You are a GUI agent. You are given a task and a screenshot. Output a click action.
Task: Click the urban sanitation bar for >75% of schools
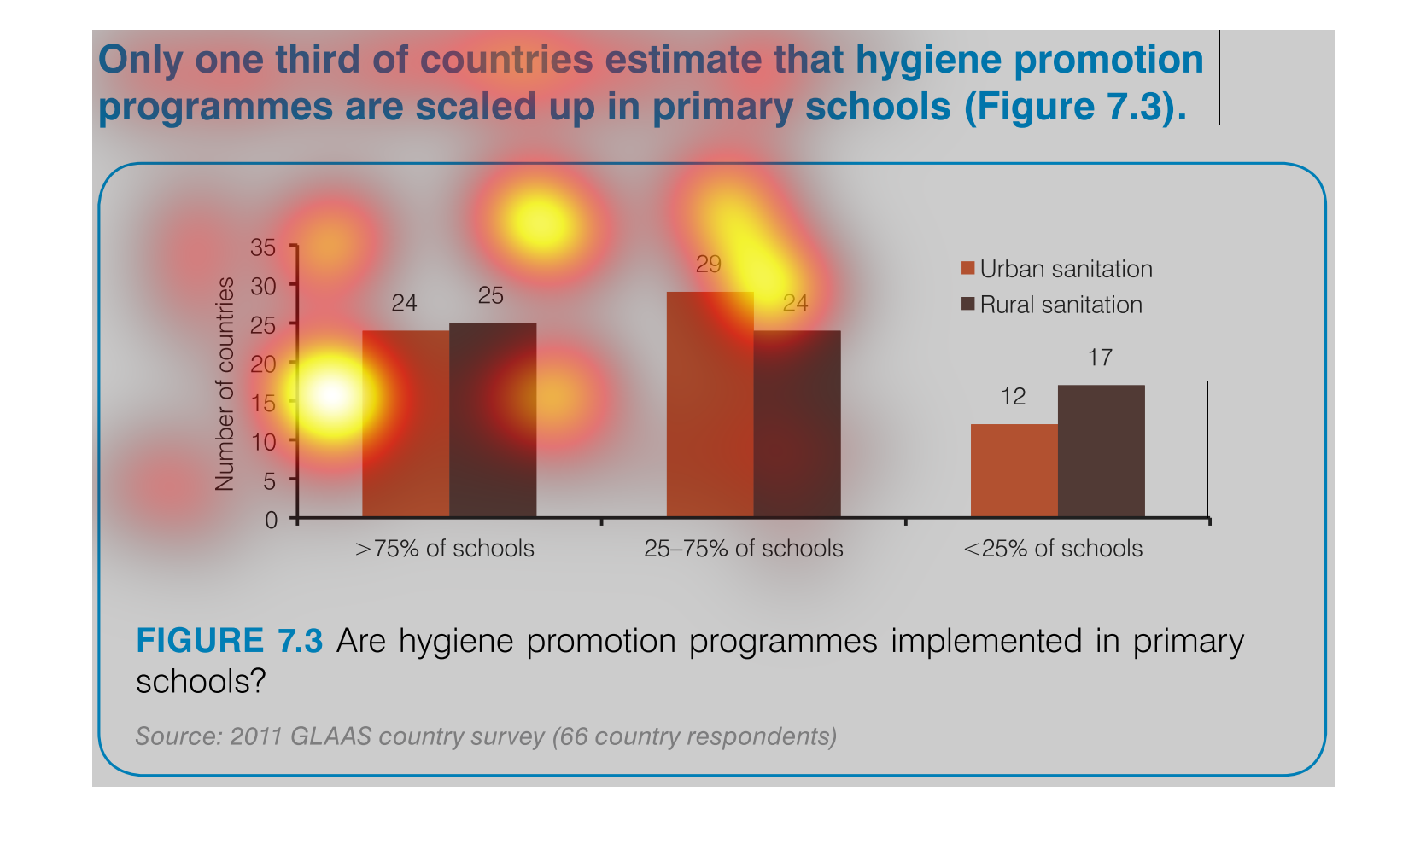[x=406, y=423]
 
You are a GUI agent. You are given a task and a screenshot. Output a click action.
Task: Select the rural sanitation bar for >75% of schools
[x=493, y=420]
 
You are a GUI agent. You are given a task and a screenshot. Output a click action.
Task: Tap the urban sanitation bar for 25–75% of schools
[x=710, y=404]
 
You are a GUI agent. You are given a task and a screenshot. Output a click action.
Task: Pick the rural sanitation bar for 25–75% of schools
[x=797, y=423]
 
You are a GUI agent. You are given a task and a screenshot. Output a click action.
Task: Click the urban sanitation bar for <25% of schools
[x=1014, y=471]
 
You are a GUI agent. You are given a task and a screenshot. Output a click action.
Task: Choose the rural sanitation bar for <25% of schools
[x=1102, y=451]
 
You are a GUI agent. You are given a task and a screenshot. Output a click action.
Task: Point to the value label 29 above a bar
[x=708, y=264]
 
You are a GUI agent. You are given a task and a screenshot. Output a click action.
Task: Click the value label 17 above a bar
[x=1100, y=358]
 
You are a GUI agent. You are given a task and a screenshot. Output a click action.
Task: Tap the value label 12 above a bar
[x=1013, y=397]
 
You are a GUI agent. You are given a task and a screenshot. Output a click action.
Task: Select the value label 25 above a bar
[x=490, y=296]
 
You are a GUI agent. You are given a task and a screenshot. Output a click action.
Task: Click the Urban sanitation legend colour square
[x=967, y=268]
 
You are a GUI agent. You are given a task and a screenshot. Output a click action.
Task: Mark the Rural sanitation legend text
[x=1061, y=305]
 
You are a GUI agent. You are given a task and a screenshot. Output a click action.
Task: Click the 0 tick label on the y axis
[x=272, y=521]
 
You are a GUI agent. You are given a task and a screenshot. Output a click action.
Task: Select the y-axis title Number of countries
[x=225, y=384]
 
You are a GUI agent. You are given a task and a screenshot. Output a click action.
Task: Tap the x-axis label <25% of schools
[x=1053, y=549]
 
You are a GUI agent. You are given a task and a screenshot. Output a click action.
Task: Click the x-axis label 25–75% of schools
[x=744, y=549]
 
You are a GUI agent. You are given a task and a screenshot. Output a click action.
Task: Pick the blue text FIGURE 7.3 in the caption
[x=230, y=641]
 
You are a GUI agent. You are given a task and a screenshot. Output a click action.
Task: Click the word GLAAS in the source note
[x=331, y=736]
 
